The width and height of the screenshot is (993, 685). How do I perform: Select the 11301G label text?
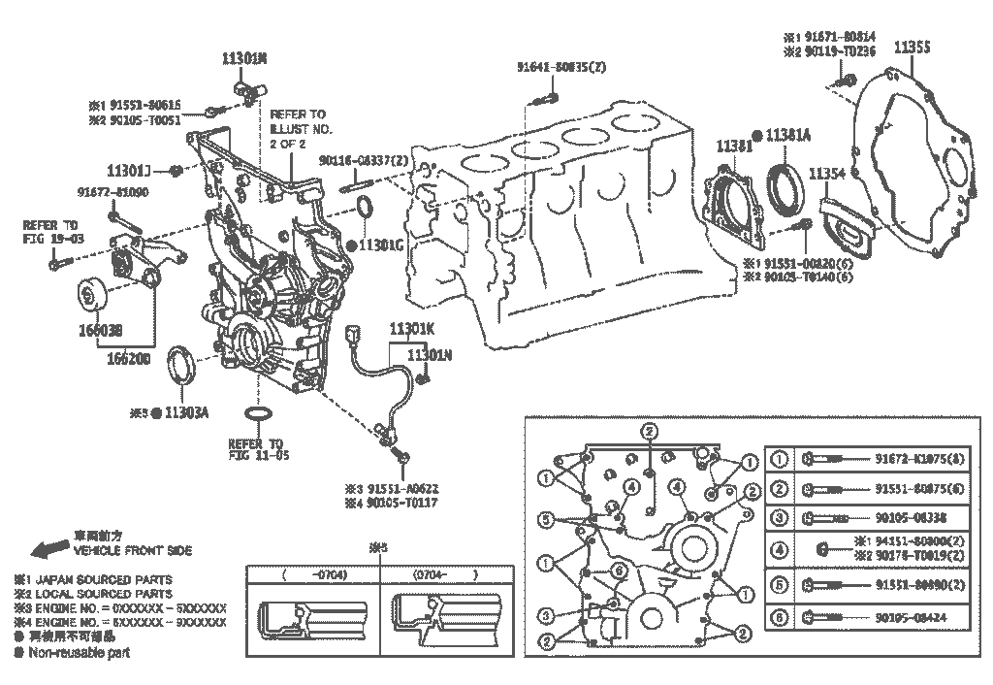tap(382, 245)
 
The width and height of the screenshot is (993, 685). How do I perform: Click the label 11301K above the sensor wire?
tap(412, 328)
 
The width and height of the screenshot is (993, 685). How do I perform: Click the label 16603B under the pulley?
tap(102, 328)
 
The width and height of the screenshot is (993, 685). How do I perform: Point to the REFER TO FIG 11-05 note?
tap(259, 448)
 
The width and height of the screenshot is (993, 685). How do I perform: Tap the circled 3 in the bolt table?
tap(779, 518)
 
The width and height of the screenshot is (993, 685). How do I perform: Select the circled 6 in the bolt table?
tap(779, 616)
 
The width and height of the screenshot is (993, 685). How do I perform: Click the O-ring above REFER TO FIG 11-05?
tap(258, 417)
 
